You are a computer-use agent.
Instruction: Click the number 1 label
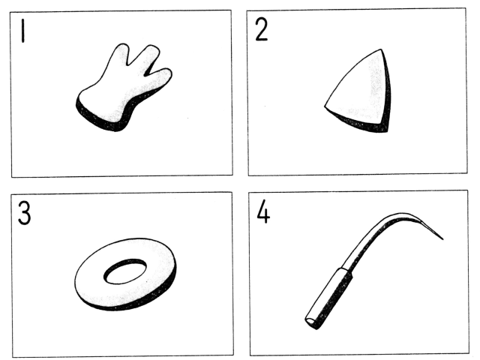(22, 31)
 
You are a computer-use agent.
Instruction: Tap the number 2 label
(261, 29)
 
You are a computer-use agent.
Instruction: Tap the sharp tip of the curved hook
(442, 239)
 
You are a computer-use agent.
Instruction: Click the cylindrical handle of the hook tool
(329, 298)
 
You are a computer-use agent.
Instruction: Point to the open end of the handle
(310, 322)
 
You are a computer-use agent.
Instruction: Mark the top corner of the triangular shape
(381, 49)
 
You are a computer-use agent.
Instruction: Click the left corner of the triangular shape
(325, 106)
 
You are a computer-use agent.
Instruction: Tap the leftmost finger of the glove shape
(120, 55)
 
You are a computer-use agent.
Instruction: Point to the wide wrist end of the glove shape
(98, 113)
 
